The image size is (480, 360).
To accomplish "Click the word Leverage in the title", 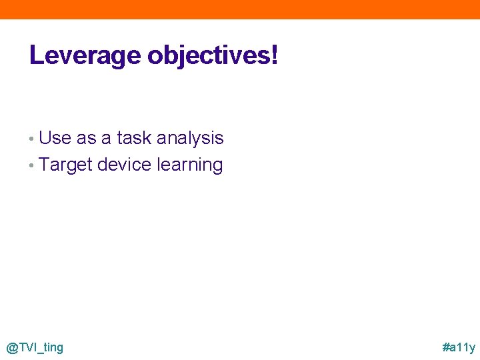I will pos(86,56).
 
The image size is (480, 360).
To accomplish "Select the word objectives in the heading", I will pos(207,56).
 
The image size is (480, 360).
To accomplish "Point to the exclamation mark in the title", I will pos(274,55).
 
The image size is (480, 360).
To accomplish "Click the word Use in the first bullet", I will pos(55,138).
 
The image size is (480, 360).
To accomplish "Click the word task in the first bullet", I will pos(133,138).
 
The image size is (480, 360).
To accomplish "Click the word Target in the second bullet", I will pos(65,165).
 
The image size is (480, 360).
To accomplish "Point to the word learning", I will pos(189,165).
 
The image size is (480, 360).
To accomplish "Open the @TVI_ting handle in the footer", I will pos(35,347).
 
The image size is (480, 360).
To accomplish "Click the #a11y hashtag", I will pos(459,347).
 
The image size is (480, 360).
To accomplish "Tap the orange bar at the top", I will pos(240,9).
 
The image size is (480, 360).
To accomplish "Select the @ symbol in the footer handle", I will pos(11,347).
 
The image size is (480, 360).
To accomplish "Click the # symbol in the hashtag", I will pos(446,347).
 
